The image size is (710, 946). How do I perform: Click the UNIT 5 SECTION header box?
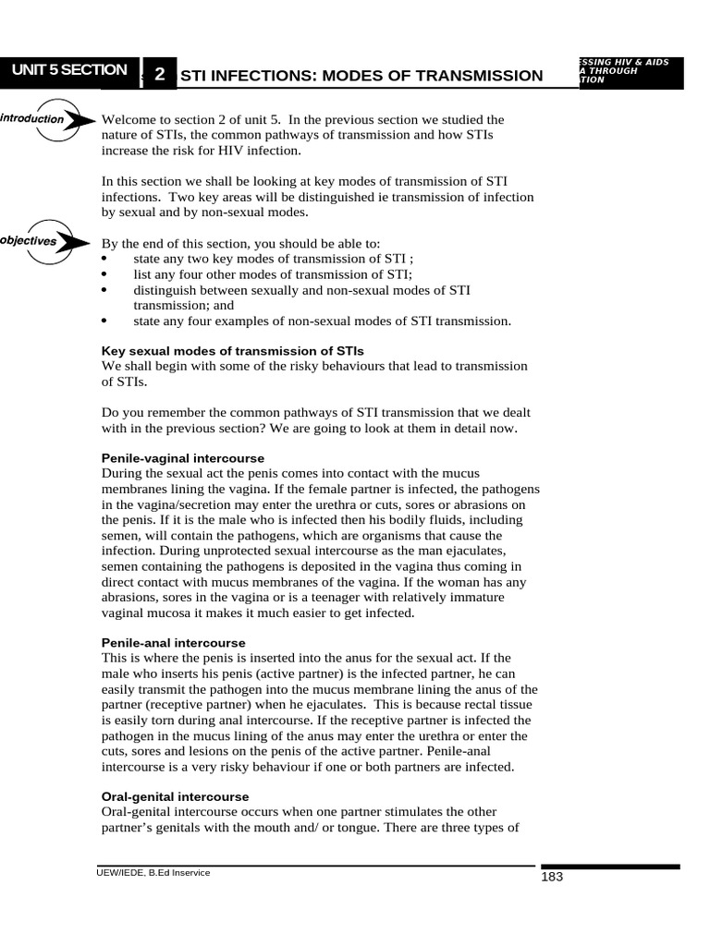[69, 71]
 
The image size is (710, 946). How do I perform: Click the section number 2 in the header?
[159, 75]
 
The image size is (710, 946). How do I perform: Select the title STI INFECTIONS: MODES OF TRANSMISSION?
[361, 76]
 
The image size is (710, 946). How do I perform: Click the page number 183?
[552, 877]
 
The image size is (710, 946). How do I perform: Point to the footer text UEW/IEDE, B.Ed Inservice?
[153, 872]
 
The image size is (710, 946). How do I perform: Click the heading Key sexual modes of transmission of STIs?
[231, 351]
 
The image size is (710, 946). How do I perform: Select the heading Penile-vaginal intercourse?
[182, 458]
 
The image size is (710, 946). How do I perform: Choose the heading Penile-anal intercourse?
[173, 642]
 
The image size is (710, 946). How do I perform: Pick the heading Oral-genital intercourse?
[174, 795]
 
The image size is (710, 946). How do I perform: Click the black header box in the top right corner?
[629, 72]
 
